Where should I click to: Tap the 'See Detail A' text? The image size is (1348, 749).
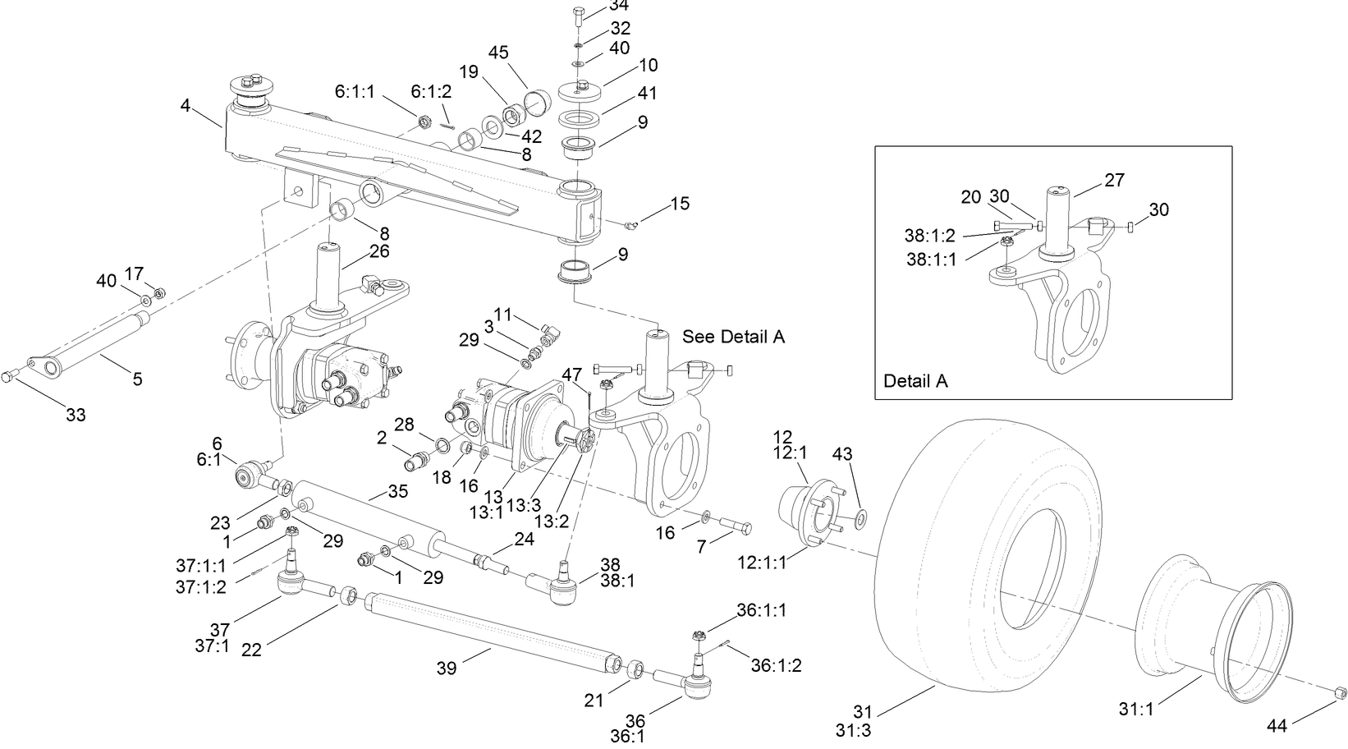[x=733, y=337]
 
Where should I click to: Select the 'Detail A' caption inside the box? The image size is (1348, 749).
[x=915, y=381]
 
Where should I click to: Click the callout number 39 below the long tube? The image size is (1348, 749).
[x=447, y=669]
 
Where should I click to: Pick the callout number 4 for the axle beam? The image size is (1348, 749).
[x=186, y=105]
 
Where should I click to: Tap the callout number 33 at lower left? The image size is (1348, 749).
[x=76, y=415]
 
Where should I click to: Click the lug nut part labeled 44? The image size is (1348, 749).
[x=1337, y=694]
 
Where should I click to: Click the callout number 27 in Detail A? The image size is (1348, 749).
[x=1115, y=179]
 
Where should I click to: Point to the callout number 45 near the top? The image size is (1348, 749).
[x=498, y=53]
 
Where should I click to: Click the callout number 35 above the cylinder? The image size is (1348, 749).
[x=397, y=491]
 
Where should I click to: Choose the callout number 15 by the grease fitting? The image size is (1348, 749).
[x=680, y=203]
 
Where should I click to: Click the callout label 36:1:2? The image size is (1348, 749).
[x=776, y=665]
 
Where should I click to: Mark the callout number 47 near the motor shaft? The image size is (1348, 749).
[x=571, y=374]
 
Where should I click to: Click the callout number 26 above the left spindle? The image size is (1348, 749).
[x=378, y=251]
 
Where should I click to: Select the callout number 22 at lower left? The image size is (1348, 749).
[x=251, y=649]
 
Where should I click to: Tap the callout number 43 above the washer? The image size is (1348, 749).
[x=842, y=453]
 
